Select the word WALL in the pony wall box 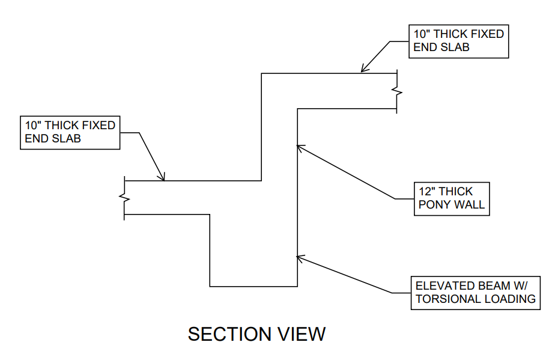point(470,205)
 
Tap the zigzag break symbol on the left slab point(124,197)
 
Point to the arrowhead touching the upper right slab point(363,70)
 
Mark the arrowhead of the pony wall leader point(300,145)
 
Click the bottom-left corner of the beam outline point(210,286)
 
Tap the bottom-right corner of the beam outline point(297,286)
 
